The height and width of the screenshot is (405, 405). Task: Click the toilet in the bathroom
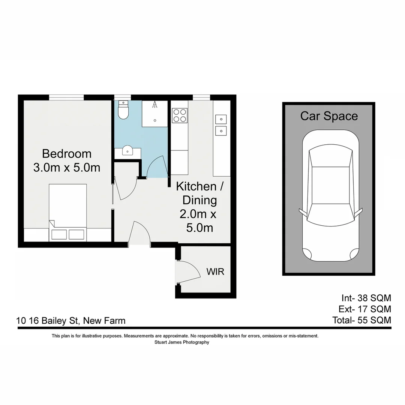[x=123, y=110]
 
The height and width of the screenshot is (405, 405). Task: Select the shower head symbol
[x=154, y=105]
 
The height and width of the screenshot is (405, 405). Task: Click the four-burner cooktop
[x=179, y=115]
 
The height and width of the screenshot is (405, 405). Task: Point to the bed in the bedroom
[x=68, y=212]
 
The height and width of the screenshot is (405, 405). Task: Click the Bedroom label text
[x=67, y=154]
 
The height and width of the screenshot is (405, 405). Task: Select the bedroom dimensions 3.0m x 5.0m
[x=67, y=167]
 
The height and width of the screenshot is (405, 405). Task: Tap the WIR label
[x=215, y=271]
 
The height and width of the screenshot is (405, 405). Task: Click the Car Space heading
[x=329, y=116]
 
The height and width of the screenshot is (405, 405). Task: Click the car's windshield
[x=330, y=158]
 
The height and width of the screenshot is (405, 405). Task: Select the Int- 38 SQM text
[x=366, y=298]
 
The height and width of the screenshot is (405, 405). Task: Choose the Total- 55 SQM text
[x=361, y=320]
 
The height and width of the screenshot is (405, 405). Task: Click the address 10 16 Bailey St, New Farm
[x=71, y=321]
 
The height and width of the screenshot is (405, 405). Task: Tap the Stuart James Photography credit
[x=181, y=342]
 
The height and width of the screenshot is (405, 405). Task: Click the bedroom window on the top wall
[x=66, y=97]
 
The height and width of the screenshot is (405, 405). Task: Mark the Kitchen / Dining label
[x=196, y=193]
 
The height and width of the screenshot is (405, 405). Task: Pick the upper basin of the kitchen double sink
[x=221, y=120]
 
